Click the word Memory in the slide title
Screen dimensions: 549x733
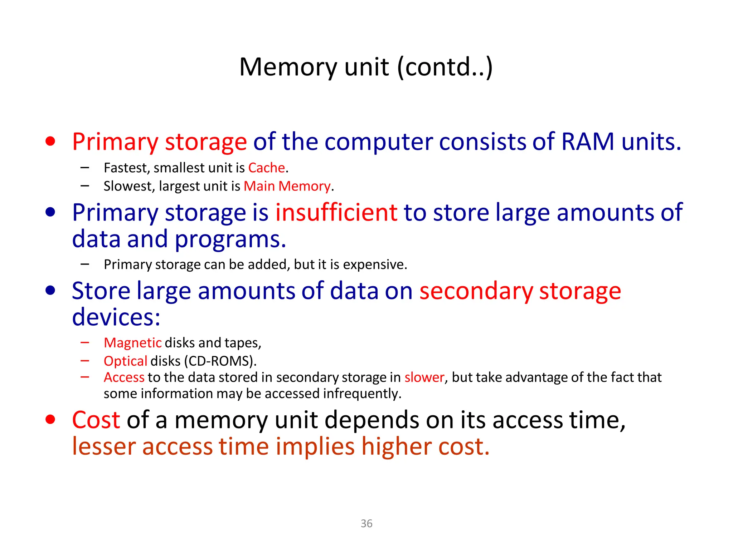click(x=288, y=67)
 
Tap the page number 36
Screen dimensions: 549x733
click(x=366, y=523)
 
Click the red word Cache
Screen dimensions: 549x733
click(x=266, y=168)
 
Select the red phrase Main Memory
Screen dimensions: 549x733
click(x=287, y=186)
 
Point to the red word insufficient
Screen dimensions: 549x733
click(x=336, y=212)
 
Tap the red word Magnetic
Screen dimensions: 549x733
click(x=132, y=343)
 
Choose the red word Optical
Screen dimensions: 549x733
click(x=125, y=361)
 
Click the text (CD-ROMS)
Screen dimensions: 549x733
click(x=220, y=361)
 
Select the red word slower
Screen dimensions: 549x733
click(x=424, y=377)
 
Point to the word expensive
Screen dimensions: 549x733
click(x=375, y=264)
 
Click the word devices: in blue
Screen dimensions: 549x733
click(x=116, y=317)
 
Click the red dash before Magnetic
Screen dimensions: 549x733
click(x=85, y=342)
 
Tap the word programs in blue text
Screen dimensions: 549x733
click(x=230, y=239)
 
